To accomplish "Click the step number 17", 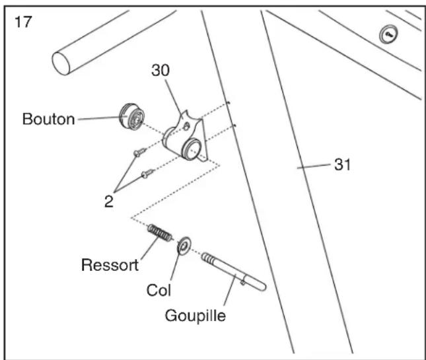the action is point(23,22).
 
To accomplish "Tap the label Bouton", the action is point(49,119).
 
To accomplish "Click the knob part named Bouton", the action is point(132,116).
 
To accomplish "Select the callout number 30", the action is point(160,70).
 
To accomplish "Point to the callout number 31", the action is point(342,164).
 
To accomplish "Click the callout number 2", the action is point(109,201).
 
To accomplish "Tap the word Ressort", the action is point(110,265).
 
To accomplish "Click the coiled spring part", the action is point(160,233).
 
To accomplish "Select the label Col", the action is point(159,290).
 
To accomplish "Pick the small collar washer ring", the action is point(184,246).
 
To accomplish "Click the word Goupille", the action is point(195,316).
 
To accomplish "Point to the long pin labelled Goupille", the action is point(234,271).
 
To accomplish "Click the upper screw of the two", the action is point(139,152).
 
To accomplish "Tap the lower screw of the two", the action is point(147,173).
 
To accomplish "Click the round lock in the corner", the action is point(388,34).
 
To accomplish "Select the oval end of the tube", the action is point(61,63).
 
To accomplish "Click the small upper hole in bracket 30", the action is point(186,126).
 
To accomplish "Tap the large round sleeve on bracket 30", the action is point(191,149).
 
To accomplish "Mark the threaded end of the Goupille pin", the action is point(208,258).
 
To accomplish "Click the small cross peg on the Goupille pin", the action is point(242,283).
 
